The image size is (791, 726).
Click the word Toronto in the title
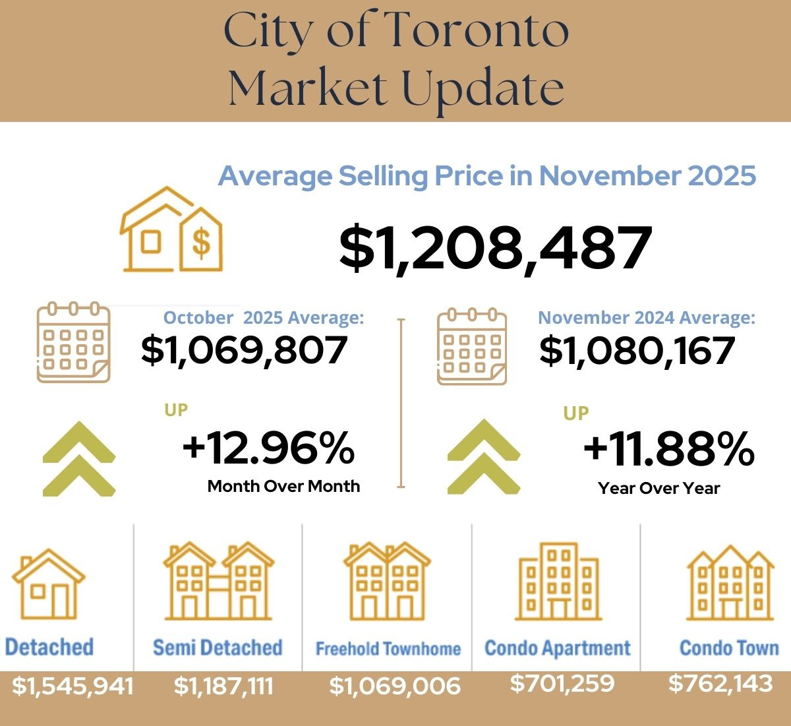(x=475, y=32)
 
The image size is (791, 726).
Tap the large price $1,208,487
(x=496, y=248)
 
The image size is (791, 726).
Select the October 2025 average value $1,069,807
(x=244, y=350)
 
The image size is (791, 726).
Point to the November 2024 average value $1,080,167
(x=637, y=350)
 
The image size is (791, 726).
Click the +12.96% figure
(x=268, y=448)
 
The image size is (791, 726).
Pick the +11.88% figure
(x=668, y=449)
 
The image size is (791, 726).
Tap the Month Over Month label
(x=283, y=487)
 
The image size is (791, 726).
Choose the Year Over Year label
(x=659, y=489)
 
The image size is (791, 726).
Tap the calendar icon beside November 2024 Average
(x=472, y=346)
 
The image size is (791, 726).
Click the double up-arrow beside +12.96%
(x=79, y=458)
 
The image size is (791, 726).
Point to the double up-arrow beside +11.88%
(x=483, y=456)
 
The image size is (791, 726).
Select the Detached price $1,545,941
(x=73, y=686)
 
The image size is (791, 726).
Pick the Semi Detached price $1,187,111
(x=223, y=686)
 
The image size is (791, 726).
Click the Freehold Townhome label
(x=388, y=649)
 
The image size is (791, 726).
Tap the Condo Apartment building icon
(x=558, y=582)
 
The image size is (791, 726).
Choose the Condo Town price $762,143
(x=720, y=683)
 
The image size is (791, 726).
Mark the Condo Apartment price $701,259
(x=562, y=683)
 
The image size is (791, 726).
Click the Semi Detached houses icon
(x=218, y=581)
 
